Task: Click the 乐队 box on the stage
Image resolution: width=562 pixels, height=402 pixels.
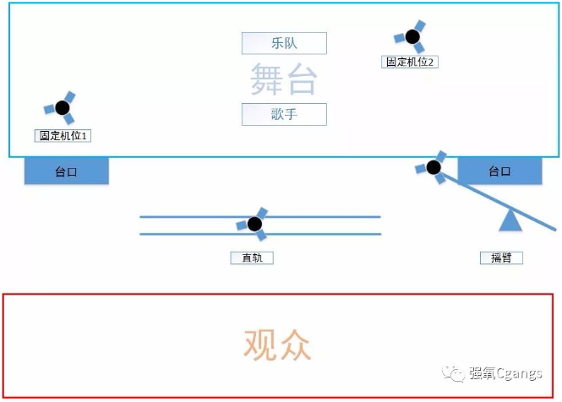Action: pyautogui.click(x=284, y=43)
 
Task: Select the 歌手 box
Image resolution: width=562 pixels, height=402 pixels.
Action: pyautogui.click(x=284, y=114)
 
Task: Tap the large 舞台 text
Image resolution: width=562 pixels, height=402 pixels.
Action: pyautogui.click(x=284, y=79)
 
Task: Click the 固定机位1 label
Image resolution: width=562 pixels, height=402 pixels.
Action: pyautogui.click(x=63, y=136)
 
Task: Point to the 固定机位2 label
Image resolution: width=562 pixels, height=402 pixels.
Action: pyautogui.click(x=410, y=62)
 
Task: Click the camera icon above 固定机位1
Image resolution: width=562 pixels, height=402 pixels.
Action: pyautogui.click(x=61, y=107)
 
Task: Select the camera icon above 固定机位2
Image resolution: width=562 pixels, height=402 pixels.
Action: pyautogui.click(x=411, y=36)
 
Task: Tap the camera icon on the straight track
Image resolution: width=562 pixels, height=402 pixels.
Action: pyautogui.click(x=253, y=224)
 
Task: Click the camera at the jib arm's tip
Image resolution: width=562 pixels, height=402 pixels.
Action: pyautogui.click(x=432, y=167)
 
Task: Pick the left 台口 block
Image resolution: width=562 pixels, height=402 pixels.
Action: pyautogui.click(x=66, y=171)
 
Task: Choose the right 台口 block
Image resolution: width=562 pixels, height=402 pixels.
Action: pyautogui.click(x=499, y=171)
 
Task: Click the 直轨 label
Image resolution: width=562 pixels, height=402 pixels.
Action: pyautogui.click(x=252, y=258)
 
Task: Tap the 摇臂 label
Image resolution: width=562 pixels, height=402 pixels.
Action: pyautogui.click(x=501, y=258)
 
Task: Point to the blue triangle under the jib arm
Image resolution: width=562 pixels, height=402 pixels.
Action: pyautogui.click(x=510, y=222)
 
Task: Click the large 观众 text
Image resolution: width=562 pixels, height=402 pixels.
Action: pyautogui.click(x=277, y=345)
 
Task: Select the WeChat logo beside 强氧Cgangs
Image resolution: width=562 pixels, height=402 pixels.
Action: pyautogui.click(x=454, y=373)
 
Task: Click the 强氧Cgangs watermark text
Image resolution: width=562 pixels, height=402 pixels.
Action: pyautogui.click(x=505, y=373)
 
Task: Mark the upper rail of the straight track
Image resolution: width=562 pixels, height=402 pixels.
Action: pyautogui.click(x=260, y=217)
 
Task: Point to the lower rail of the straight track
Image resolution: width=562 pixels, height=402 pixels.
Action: pyautogui.click(x=260, y=234)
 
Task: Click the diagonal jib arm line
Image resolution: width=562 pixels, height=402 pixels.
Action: pyautogui.click(x=499, y=201)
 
